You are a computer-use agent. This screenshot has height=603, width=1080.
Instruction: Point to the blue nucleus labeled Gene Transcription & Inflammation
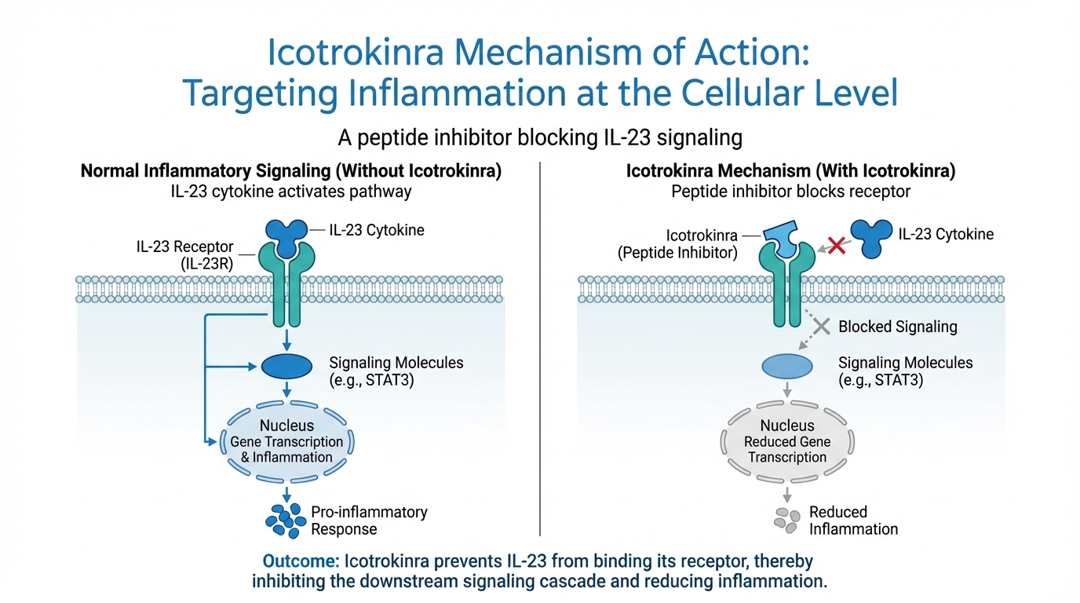[286, 442]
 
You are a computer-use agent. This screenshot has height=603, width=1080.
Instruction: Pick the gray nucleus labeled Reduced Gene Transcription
[787, 442]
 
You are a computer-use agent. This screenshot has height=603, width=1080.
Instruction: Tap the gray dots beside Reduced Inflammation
[786, 518]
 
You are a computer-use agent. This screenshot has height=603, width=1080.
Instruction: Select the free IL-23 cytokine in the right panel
[870, 238]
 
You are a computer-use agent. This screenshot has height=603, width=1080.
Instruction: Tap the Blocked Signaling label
[898, 327]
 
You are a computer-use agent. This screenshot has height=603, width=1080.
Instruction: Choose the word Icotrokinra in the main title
[356, 53]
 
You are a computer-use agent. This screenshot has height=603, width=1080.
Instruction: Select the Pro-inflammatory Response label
[369, 521]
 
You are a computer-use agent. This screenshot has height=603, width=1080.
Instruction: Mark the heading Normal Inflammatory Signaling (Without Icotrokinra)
[290, 171]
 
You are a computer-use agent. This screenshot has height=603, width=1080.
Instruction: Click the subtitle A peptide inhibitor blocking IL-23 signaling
[540, 137]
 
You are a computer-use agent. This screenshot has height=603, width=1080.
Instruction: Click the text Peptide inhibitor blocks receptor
[790, 191]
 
